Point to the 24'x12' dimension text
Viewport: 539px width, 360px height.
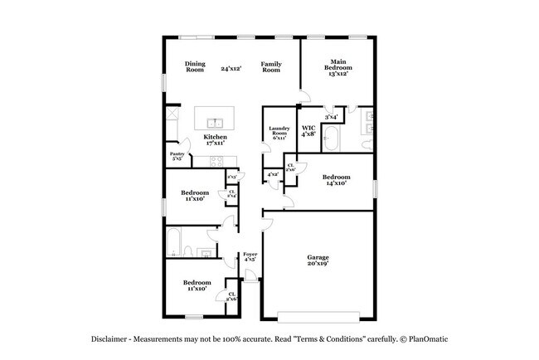231,68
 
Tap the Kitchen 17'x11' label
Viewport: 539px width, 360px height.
216,139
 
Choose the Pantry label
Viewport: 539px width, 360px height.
177,156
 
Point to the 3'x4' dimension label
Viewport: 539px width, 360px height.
331,117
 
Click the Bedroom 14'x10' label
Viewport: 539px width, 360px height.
336,179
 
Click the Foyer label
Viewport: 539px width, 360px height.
250,256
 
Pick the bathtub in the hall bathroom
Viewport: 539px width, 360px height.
172,241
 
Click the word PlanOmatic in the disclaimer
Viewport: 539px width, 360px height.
425,339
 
